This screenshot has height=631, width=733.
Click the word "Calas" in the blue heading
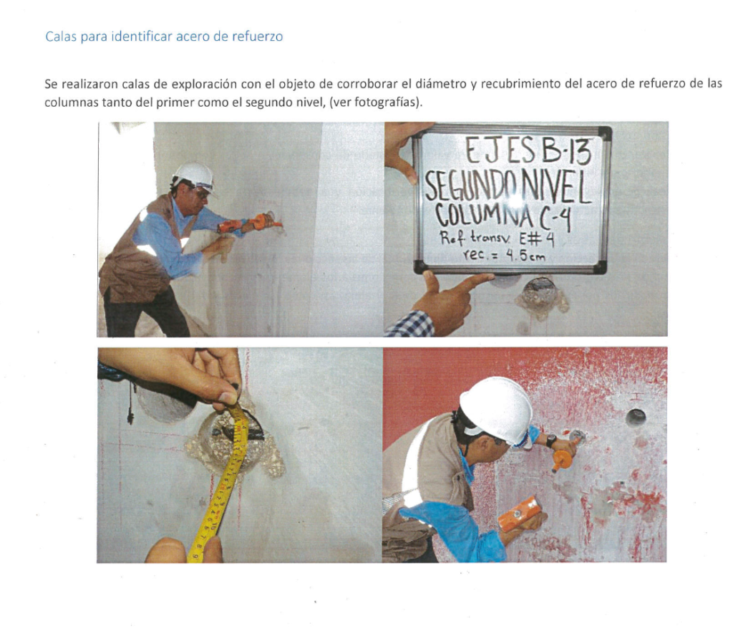click(x=62, y=37)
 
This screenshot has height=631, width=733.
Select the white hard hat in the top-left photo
click(x=194, y=176)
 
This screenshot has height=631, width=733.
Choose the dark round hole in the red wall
click(x=636, y=416)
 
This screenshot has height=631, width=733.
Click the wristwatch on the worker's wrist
click(x=552, y=440)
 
